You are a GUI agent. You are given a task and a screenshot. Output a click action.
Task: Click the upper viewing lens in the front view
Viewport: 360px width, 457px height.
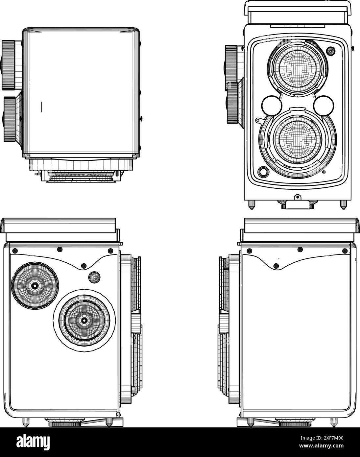click(x=297, y=68)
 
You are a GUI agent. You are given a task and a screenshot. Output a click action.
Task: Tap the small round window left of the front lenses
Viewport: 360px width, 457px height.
click(x=272, y=106)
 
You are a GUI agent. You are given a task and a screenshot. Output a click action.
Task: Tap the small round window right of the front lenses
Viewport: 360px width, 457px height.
click(x=324, y=106)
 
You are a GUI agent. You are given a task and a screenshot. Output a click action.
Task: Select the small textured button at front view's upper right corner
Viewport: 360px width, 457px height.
click(x=330, y=51)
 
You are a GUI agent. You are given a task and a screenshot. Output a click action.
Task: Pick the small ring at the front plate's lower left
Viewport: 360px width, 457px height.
click(x=263, y=172)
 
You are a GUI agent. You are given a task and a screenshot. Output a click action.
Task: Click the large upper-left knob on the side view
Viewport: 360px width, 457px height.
click(x=35, y=286)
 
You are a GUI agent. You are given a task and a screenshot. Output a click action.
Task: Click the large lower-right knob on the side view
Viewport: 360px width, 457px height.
click(x=84, y=321)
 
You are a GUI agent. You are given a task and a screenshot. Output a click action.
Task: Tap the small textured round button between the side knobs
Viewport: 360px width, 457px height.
click(x=94, y=277)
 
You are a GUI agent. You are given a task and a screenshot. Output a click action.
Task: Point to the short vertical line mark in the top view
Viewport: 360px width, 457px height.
click(x=42, y=107)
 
